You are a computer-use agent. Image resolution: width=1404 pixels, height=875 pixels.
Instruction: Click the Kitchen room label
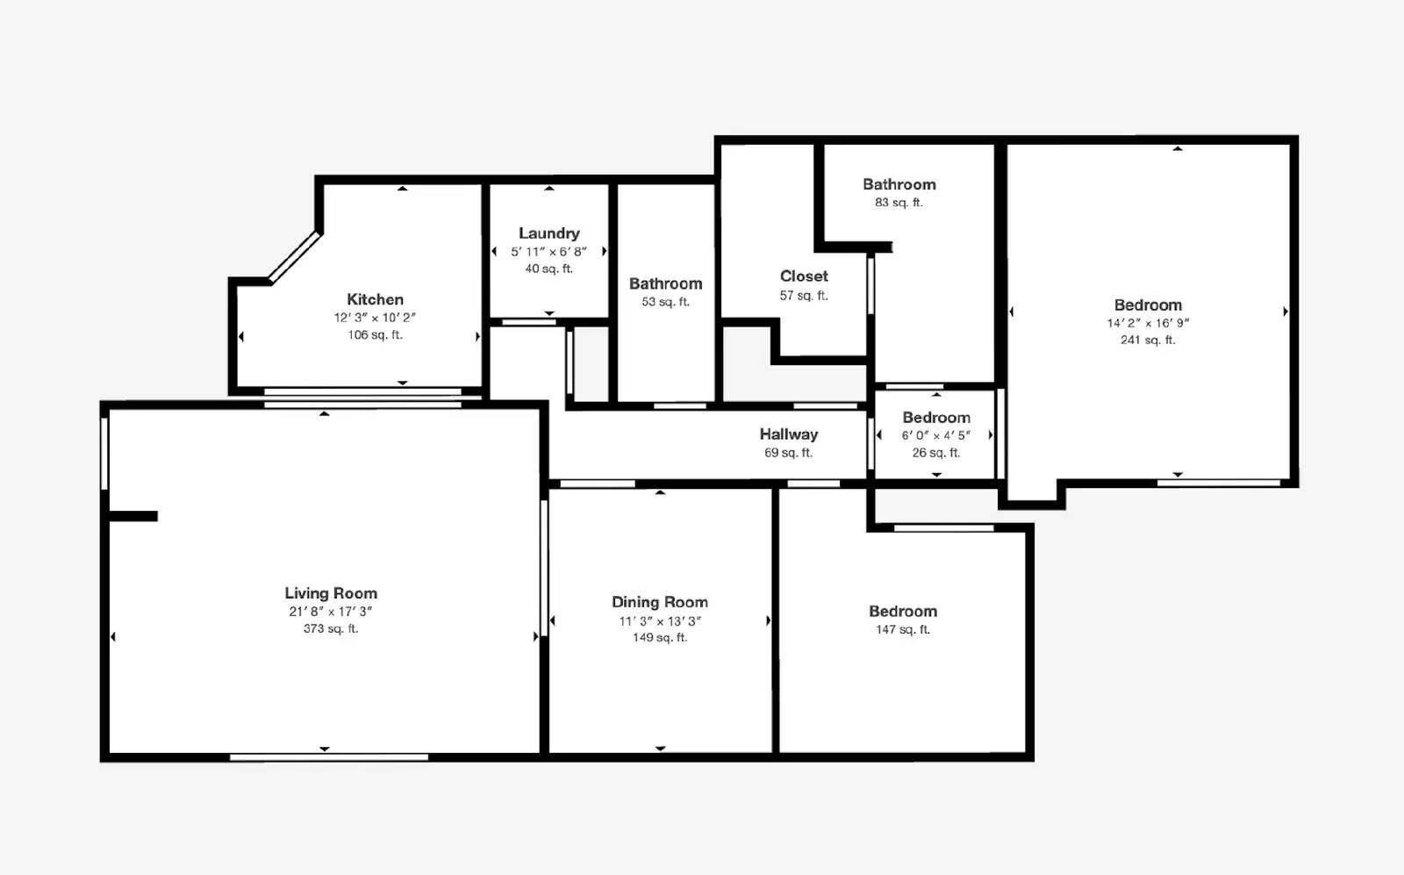coord(375,299)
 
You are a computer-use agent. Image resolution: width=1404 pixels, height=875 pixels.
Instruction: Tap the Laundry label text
coord(549,233)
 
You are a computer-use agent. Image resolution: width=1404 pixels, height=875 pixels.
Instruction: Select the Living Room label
coord(331,593)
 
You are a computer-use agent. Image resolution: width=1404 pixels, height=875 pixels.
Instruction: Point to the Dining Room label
coord(660,602)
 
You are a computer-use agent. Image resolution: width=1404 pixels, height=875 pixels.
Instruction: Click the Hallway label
coord(789,434)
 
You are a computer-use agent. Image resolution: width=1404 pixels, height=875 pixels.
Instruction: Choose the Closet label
coord(804,276)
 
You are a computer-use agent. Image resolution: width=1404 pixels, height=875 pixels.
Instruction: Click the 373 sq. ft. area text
coord(331,628)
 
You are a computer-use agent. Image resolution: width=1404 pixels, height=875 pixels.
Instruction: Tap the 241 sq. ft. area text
coord(1148,340)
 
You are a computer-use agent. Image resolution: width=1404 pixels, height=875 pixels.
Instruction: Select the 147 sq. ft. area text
coord(903,628)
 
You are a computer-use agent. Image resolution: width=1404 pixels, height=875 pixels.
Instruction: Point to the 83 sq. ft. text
coord(899,202)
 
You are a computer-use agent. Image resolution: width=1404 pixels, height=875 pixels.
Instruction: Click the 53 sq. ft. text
coord(666,302)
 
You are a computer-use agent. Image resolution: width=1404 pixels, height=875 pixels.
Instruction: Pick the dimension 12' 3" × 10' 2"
coord(375,317)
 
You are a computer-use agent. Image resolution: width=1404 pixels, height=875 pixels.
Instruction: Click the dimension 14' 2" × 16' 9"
coord(1148,323)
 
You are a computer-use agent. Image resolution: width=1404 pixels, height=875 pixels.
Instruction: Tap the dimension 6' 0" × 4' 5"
coord(935,435)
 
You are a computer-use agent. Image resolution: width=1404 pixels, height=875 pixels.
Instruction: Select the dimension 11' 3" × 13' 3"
coord(660,620)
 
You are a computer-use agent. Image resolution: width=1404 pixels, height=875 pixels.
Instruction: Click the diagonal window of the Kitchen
coord(295,257)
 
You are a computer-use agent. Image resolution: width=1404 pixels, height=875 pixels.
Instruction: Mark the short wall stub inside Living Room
coord(133,516)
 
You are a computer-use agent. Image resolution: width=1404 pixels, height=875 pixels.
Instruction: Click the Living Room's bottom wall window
coord(329,757)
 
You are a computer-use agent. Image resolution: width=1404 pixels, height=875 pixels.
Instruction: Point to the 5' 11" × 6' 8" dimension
coord(549,251)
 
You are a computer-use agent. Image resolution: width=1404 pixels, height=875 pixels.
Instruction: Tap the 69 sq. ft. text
coord(789,453)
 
